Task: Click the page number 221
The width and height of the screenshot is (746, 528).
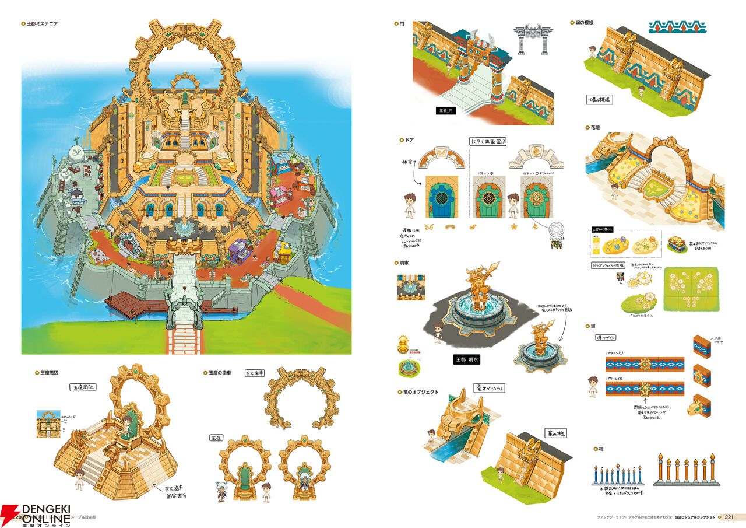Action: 730,517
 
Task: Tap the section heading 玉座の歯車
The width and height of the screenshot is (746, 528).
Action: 219,372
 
